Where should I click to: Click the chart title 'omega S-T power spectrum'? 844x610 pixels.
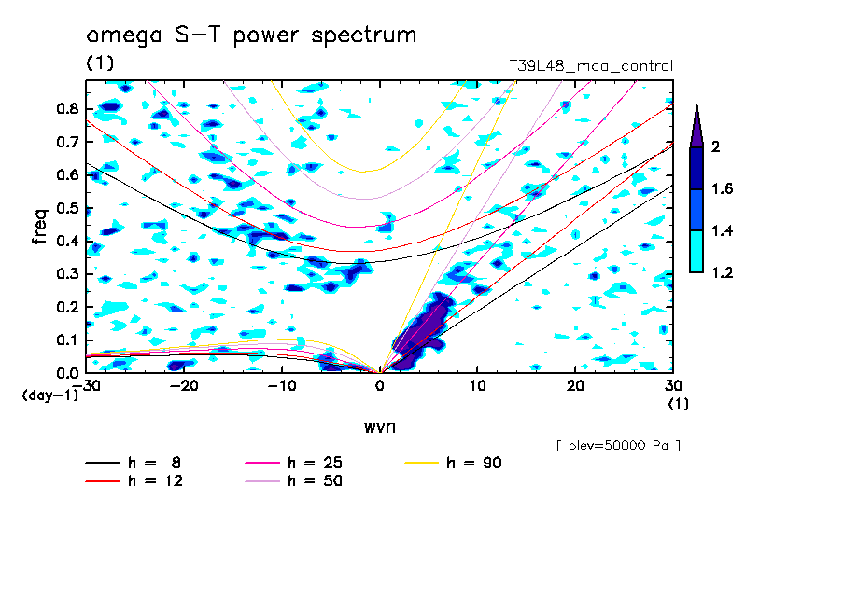point(251,35)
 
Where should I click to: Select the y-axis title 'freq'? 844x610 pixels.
point(40,226)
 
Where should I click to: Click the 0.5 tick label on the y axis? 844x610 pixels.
point(66,207)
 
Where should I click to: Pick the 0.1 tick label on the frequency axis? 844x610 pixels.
point(66,340)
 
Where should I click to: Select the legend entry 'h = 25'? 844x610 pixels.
point(315,463)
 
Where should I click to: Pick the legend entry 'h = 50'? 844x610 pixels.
point(315,481)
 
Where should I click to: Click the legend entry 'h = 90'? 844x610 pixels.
point(474,463)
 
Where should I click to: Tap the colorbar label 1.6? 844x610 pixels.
point(722,189)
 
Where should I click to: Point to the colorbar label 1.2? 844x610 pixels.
point(722,272)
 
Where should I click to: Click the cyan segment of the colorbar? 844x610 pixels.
point(696,252)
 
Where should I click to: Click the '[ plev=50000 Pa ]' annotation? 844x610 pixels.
point(617,446)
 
